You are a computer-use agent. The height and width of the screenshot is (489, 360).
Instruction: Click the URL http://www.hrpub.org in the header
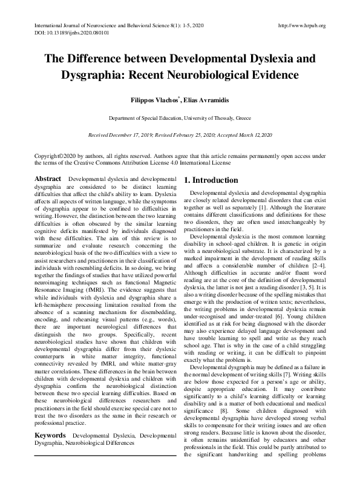pyautogui.click(x=301, y=26)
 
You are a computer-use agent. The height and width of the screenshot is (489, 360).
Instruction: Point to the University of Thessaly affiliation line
pyautogui.click(x=180, y=119)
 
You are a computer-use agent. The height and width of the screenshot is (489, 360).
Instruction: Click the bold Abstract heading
pyautogui.click(x=48, y=180)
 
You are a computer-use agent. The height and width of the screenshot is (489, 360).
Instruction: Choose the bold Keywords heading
pyautogui.click(x=51, y=418)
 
